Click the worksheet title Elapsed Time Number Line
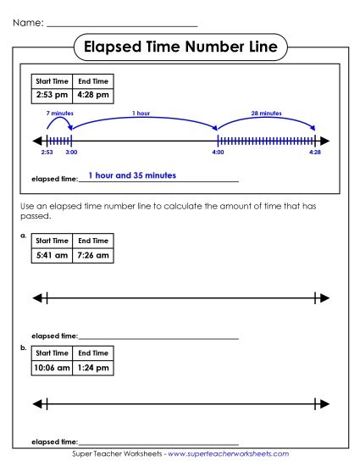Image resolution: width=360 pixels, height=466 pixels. pos(180,47)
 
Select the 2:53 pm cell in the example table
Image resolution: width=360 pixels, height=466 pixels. pos(51,97)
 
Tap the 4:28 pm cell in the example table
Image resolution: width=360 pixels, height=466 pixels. pos(91,97)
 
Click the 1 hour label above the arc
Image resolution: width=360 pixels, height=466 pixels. pos(141,113)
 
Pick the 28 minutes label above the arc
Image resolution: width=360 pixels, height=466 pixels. pos(266,113)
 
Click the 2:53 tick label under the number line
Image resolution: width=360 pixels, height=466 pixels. pos(47,153)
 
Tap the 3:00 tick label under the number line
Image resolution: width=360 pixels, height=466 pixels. pos(71,153)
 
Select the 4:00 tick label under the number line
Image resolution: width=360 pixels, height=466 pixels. pos(218,153)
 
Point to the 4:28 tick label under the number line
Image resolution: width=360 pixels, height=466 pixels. pos(315,153)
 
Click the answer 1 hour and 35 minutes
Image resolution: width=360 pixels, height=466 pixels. pos(132,175)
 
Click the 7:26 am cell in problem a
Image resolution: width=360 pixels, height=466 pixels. pos(93,255)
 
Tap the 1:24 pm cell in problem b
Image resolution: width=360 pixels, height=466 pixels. pos(93,368)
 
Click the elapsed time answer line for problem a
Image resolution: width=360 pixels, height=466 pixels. pos(158,337)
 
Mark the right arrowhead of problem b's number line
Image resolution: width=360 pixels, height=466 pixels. pos(324,403)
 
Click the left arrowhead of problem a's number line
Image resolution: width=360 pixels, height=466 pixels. pos(36,297)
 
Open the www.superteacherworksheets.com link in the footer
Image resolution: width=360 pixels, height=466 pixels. pos(229,455)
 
